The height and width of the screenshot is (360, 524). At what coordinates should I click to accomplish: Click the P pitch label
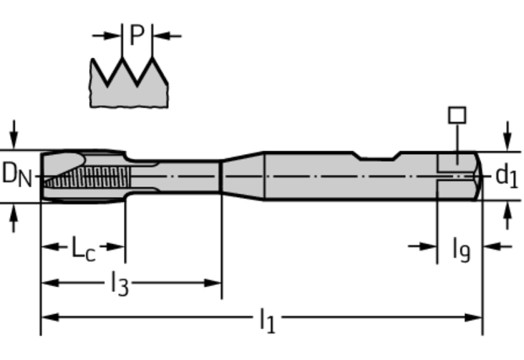point(137,35)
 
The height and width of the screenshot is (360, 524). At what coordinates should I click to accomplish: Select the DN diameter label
point(17,174)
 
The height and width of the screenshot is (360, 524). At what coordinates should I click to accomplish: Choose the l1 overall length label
point(267,319)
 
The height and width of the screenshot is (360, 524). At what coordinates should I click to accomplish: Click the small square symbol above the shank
point(457,115)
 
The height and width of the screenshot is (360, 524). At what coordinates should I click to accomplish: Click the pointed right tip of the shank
point(478,176)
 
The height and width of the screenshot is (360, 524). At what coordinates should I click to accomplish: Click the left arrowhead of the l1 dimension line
point(47,318)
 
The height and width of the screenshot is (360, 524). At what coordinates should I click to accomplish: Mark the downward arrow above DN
point(13,133)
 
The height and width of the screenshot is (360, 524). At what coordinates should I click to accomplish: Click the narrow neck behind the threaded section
point(188,176)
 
